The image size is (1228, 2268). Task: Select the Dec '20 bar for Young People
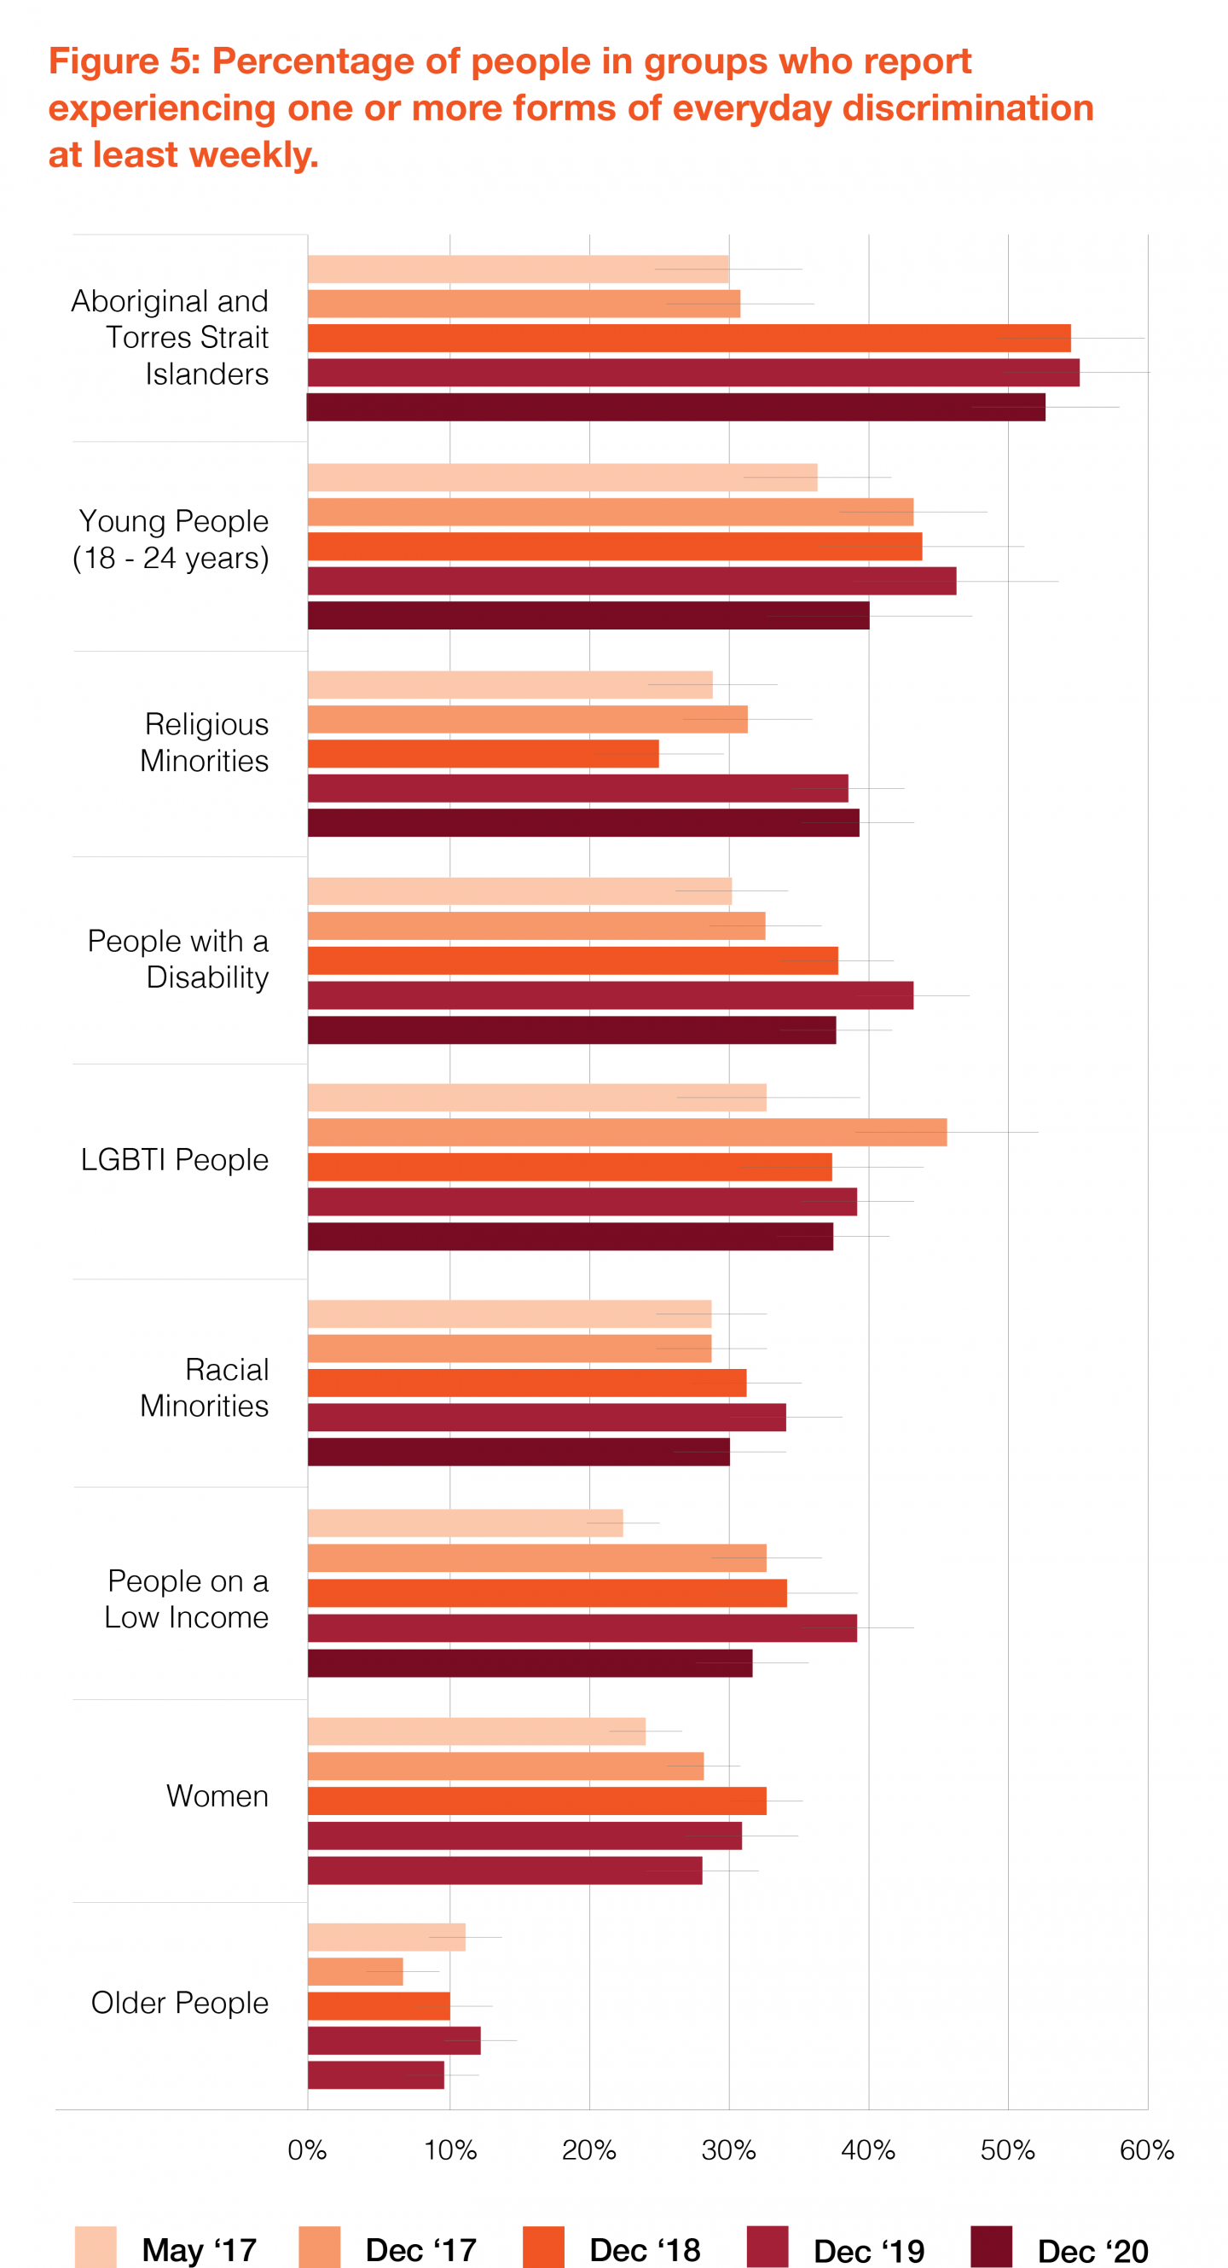(x=588, y=616)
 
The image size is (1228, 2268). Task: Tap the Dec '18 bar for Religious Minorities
(x=483, y=754)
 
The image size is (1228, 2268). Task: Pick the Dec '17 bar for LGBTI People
(x=627, y=1132)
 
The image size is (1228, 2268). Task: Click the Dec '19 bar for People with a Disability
(x=610, y=995)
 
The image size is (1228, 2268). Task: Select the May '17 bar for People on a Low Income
(x=465, y=1523)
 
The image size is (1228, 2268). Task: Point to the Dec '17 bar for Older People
(x=355, y=1972)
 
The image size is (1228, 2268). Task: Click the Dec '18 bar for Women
(x=537, y=1801)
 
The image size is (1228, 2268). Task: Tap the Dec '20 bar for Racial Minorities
(x=518, y=1452)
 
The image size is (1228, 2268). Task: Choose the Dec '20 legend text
(x=1092, y=2250)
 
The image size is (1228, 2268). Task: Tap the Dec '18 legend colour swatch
(x=543, y=2248)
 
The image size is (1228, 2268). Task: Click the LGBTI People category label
(x=174, y=1159)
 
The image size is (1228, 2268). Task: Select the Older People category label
(x=180, y=2003)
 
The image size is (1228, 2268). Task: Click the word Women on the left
(x=217, y=1796)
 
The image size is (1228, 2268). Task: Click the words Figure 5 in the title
(x=124, y=61)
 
